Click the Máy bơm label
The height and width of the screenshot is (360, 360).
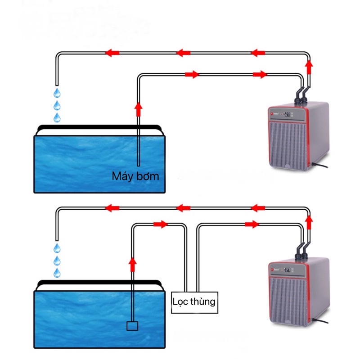coord(135,176)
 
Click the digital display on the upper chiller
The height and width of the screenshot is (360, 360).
coord(286,114)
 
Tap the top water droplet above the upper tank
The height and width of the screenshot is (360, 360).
coord(57,93)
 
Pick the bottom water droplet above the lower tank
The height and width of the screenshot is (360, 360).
coord(57,273)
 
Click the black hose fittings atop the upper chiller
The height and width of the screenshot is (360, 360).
coord(301,94)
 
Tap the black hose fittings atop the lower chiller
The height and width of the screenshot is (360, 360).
coord(301,250)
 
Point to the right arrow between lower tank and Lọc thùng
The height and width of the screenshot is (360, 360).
coord(160,224)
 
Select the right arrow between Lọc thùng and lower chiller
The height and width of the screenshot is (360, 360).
coord(252,224)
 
